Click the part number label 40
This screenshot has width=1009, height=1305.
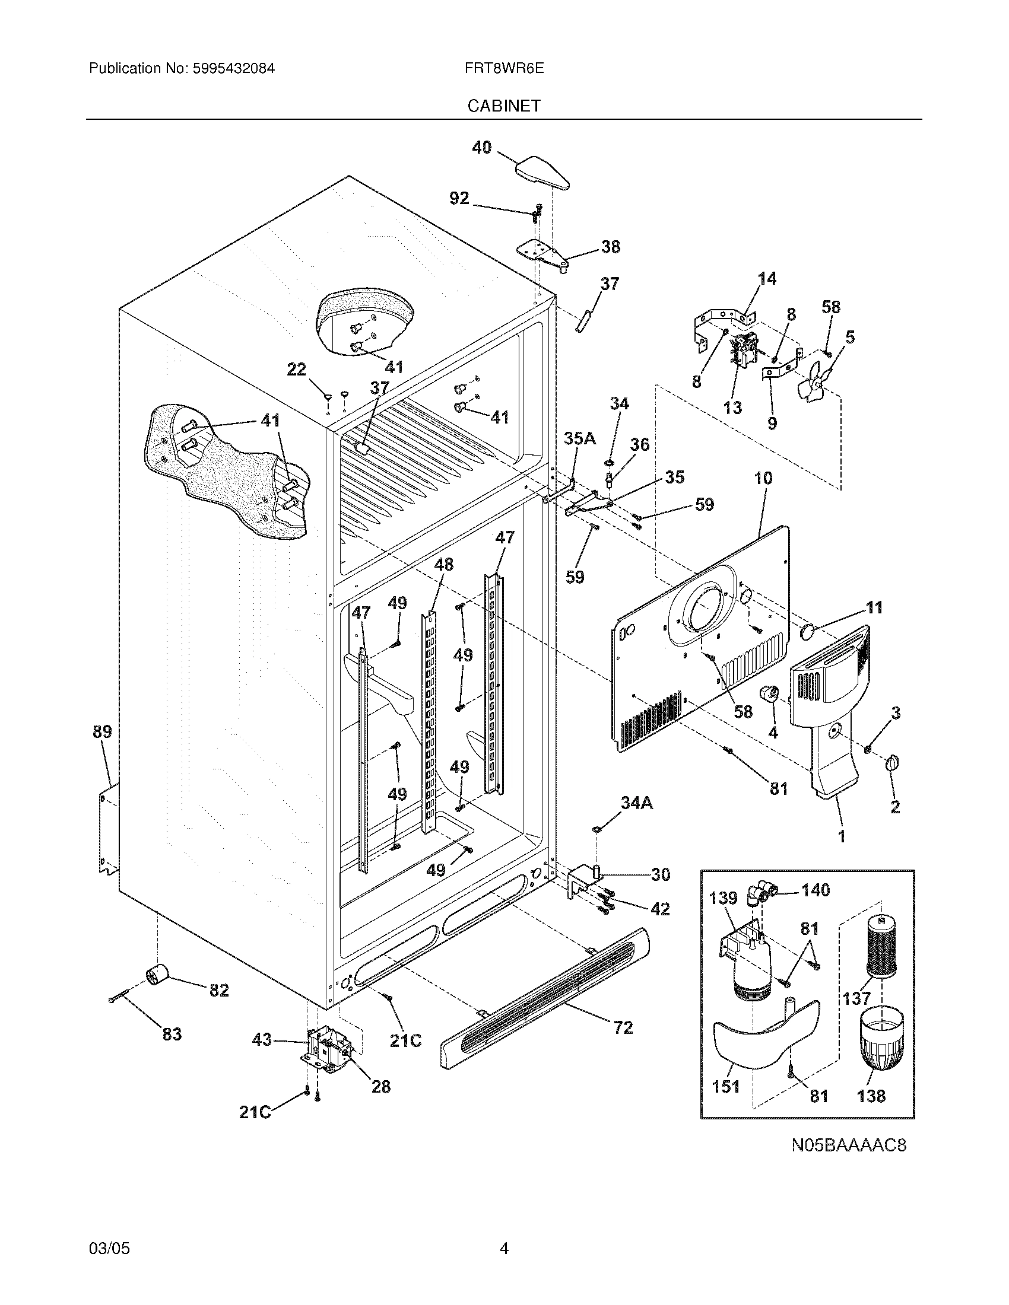[x=481, y=147]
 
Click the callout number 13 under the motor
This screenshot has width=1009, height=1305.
[x=732, y=408]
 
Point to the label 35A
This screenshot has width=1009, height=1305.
[x=580, y=438]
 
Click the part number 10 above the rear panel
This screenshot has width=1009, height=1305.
[x=763, y=478]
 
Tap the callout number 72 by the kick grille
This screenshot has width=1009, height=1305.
[x=623, y=1027]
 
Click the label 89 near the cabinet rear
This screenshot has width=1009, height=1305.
[x=102, y=731]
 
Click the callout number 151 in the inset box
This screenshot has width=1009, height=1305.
[x=726, y=1086]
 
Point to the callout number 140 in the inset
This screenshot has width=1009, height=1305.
[x=816, y=890]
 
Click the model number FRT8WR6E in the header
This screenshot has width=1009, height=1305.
[x=504, y=69]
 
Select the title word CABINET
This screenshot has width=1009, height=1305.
[x=504, y=106]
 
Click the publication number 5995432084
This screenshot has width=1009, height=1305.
[x=234, y=69]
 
